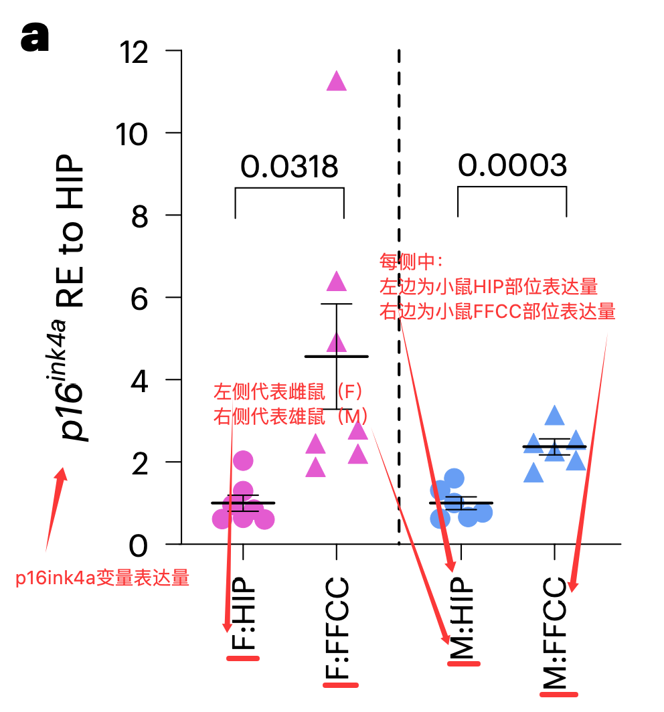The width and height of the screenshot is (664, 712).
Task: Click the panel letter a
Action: tap(35, 37)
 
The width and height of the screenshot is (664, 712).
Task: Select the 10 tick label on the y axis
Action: tap(132, 135)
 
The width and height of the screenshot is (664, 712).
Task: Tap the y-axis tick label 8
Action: tap(139, 217)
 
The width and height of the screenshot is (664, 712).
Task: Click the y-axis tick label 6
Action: tap(139, 300)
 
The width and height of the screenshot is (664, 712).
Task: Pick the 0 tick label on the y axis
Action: tap(139, 546)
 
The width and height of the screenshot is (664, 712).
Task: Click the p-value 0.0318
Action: tap(289, 167)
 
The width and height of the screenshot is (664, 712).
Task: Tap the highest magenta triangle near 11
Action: tap(337, 81)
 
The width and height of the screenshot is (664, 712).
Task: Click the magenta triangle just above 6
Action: tap(337, 281)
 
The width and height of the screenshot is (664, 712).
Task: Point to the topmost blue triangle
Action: tap(554, 415)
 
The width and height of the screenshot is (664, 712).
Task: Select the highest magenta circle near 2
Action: tap(243, 461)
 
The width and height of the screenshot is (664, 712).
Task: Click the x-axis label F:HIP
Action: tap(243, 613)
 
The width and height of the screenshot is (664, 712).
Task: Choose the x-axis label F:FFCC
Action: tap(337, 627)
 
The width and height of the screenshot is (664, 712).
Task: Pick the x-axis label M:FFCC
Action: tap(555, 632)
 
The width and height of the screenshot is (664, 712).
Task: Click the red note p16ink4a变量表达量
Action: tap(102, 578)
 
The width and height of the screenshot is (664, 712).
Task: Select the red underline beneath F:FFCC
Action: tap(341, 685)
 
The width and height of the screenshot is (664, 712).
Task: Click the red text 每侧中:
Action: tap(410, 261)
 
